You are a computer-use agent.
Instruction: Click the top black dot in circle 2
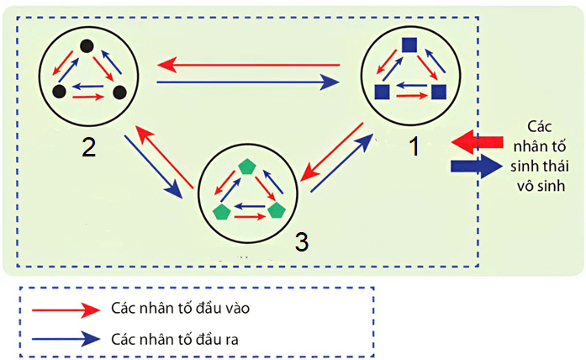coord(86,45)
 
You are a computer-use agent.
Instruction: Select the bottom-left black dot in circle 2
coord(59,90)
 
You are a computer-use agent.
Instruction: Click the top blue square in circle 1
coord(409,45)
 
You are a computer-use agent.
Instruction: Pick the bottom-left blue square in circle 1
coord(381,92)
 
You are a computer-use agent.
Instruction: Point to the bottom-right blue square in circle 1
coord(438,92)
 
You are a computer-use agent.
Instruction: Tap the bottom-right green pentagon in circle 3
coord(277,210)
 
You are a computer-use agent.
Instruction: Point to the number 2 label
coord(88,147)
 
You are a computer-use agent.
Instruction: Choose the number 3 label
coord(301,241)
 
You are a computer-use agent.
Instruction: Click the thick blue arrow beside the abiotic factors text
coord(474,164)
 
